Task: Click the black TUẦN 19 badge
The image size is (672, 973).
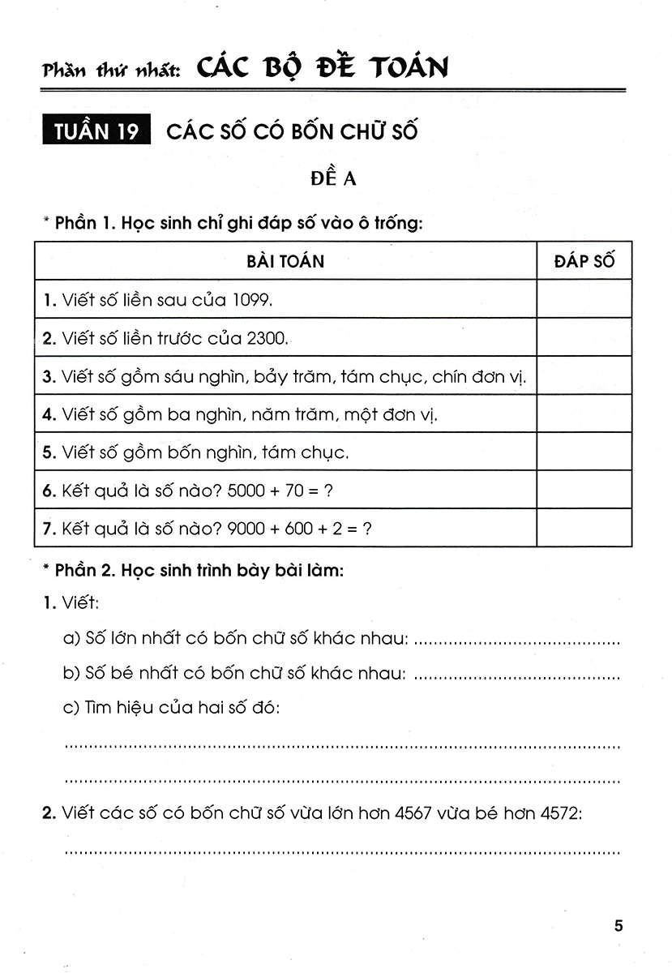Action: tap(98, 131)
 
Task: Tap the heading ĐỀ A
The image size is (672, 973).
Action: tap(333, 179)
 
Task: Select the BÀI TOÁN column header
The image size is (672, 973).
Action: tap(285, 261)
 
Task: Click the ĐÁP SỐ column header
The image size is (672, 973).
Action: tap(584, 261)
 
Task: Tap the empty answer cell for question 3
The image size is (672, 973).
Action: tap(584, 376)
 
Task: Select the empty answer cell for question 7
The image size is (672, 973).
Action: tap(584, 528)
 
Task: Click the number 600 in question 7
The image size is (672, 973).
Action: tap(307, 528)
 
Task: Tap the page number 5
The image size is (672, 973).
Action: tap(618, 926)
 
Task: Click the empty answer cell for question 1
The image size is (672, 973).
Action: tap(584, 300)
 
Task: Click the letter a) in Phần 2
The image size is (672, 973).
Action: tap(71, 639)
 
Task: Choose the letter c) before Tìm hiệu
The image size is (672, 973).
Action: tap(71, 708)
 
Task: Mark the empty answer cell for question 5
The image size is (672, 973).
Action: tap(584, 452)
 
